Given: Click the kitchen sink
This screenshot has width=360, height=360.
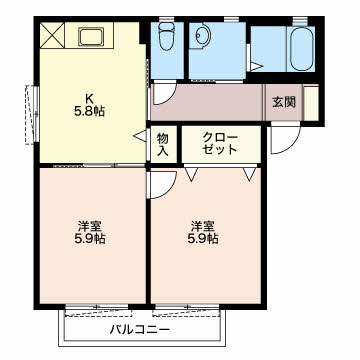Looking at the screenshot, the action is coord(91,37).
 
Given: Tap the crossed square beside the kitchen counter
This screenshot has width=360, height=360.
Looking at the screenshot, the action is coord(52,35).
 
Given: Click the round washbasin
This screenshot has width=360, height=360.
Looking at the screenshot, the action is coord(201,35).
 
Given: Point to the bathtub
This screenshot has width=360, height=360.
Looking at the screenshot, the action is coord(302,48).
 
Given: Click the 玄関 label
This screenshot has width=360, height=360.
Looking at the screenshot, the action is coord(284,102).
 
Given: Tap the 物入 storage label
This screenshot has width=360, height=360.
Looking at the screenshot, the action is coord(163,144).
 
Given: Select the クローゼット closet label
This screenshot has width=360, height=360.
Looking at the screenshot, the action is coord(220,144).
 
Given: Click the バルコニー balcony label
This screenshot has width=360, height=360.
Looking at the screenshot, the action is coord(140,330).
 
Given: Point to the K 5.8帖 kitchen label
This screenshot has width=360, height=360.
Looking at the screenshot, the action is coord(89,105).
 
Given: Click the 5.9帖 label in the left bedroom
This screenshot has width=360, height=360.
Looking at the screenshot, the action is coord(89,239).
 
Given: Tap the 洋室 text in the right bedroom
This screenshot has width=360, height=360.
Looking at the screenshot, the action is coord(202,227).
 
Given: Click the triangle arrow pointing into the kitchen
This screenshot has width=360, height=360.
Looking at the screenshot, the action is coord(141,136).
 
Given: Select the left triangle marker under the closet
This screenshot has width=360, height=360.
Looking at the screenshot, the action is coord(191,174).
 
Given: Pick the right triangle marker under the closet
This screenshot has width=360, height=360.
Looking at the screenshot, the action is coord(249,174).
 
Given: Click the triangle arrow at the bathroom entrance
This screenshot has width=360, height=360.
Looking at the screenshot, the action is coord(256,66).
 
